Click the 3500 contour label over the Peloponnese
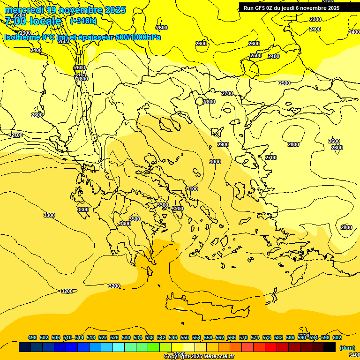[135, 219]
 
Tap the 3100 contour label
[192, 189]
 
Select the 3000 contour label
[215, 162]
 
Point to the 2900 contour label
[223, 144]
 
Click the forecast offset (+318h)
[83, 21]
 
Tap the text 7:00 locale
[33, 21]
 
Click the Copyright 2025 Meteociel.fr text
[199, 356]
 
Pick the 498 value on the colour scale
[32, 337]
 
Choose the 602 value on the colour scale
[337, 337]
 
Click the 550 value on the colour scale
[185, 337]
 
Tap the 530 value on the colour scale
[126, 337]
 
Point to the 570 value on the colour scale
[243, 337]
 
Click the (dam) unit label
[347, 348]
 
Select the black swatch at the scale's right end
[330, 347]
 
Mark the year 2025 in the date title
[115, 10]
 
